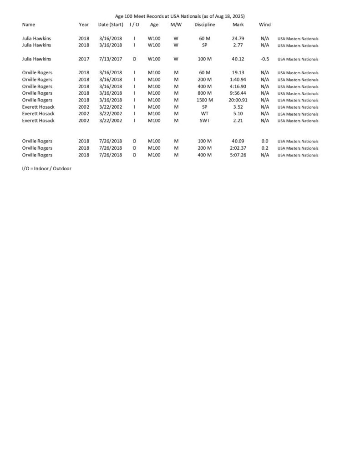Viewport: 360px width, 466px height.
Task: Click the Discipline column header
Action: coord(204,25)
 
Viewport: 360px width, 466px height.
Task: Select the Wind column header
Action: coord(264,25)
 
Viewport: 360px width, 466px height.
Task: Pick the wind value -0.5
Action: coord(264,59)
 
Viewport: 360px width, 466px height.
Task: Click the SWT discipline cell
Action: coord(204,121)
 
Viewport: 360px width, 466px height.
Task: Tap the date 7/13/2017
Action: coord(110,59)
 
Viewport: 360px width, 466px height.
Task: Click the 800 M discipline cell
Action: coord(204,93)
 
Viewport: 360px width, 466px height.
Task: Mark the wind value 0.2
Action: coord(264,148)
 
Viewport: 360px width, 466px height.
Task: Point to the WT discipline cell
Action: coord(204,114)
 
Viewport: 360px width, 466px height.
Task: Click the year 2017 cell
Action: coord(84,59)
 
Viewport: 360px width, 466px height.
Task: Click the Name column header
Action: coord(28,25)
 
